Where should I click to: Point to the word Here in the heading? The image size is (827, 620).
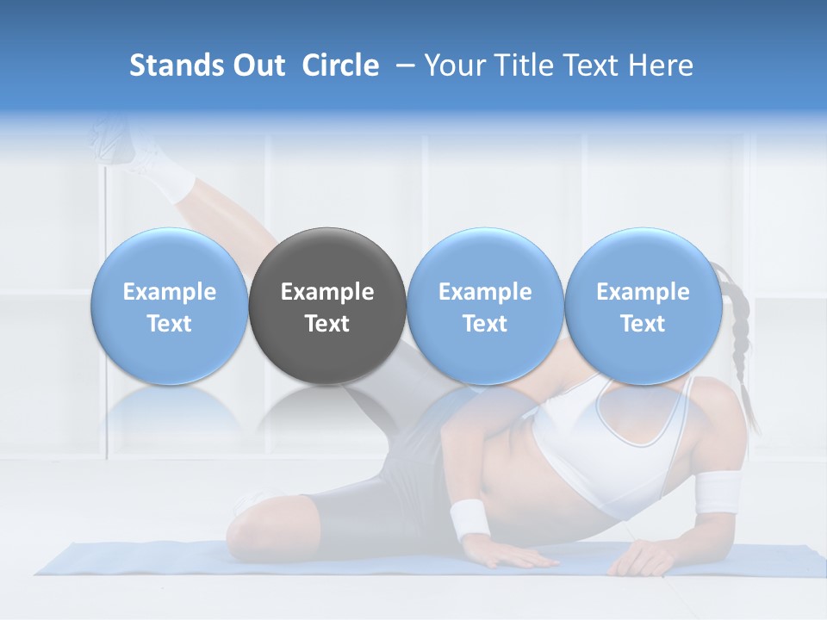[x=658, y=65]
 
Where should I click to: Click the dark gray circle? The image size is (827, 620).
[x=327, y=306]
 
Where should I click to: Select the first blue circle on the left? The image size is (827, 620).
[x=170, y=306]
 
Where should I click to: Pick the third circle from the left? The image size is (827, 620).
[x=485, y=306]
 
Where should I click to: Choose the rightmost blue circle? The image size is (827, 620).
[x=643, y=306]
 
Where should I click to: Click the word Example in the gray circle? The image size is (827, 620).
[x=327, y=292]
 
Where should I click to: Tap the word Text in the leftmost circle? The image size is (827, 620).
[x=170, y=324]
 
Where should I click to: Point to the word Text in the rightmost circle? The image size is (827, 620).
[x=643, y=324]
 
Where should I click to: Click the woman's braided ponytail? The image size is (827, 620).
[x=738, y=344]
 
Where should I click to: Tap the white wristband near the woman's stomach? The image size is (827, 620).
[x=469, y=518]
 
